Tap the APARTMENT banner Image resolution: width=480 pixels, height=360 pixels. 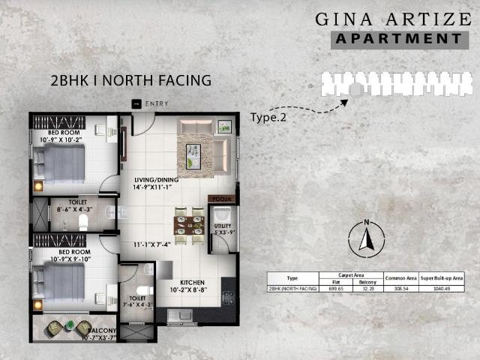tap(398, 38)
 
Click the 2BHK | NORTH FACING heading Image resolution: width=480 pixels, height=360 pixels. tap(130, 79)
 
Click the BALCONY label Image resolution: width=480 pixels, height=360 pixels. tap(103, 330)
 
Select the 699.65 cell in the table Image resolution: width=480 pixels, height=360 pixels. tap(336, 288)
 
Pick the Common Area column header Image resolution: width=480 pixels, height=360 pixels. tap(401, 277)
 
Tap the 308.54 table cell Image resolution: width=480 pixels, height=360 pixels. tap(401, 288)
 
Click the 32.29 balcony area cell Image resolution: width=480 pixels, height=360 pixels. tap(367, 288)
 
